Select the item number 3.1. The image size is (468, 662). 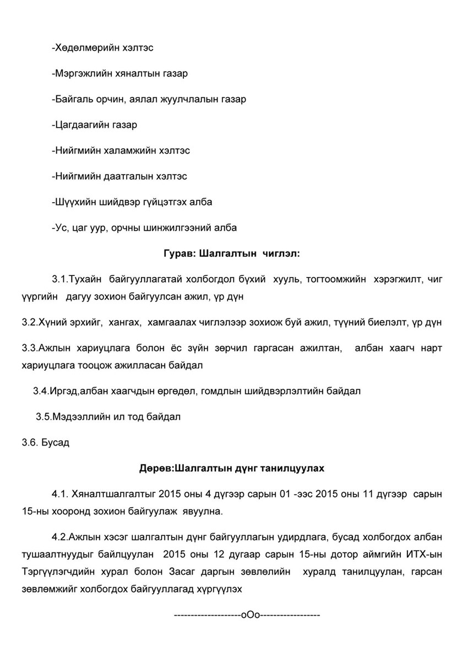click(x=59, y=280)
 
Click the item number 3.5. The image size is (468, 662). click(x=43, y=416)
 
